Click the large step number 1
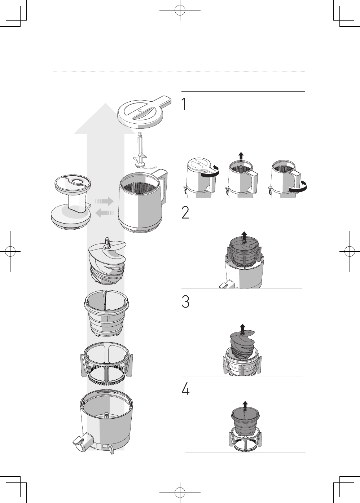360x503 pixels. point(184,104)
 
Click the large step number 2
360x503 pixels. point(185,213)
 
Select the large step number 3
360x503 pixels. point(185,302)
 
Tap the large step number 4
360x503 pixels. point(186,389)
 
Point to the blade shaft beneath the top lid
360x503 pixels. point(141,150)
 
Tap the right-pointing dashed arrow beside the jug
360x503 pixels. point(105,201)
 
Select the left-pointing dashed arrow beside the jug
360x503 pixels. point(105,213)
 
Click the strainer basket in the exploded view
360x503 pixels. point(107,316)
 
